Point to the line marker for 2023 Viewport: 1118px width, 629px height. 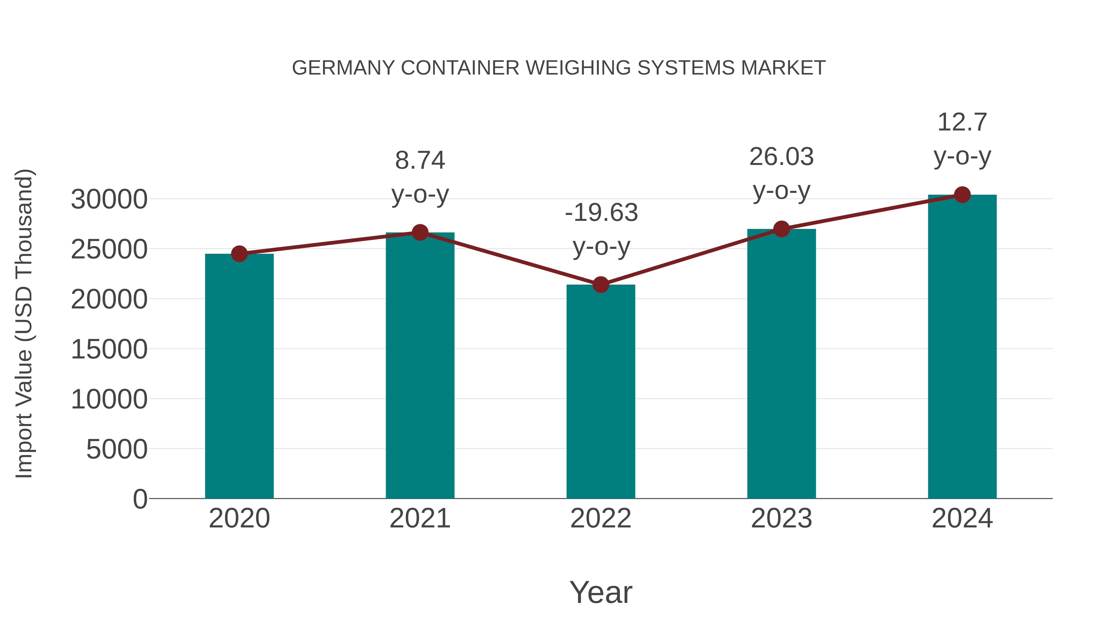click(782, 229)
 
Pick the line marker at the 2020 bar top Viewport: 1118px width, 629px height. click(239, 254)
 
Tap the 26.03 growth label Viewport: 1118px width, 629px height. click(782, 157)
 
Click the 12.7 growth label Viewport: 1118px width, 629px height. click(962, 122)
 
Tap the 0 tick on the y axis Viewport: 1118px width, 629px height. click(140, 499)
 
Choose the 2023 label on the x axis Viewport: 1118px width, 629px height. click(782, 518)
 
